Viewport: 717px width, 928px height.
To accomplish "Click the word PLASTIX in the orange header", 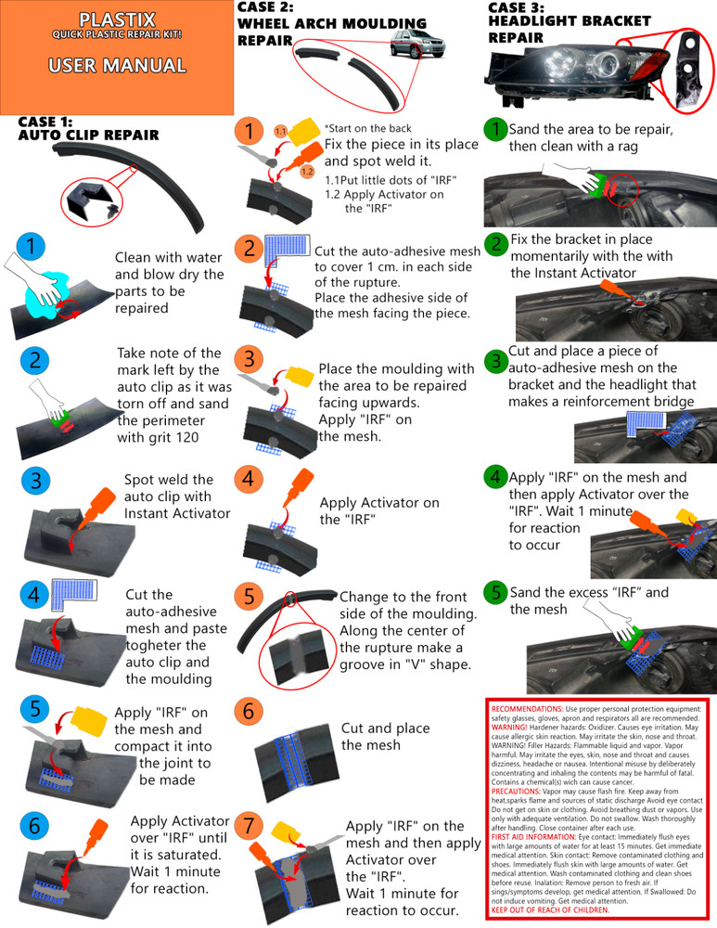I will (x=117, y=19).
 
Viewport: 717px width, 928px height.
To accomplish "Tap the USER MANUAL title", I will (x=117, y=66).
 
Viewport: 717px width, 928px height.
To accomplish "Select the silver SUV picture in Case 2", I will (x=416, y=46).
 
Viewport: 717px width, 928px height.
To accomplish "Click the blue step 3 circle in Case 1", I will (x=34, y=481).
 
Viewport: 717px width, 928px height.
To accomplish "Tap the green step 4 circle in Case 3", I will (x=495, y=477).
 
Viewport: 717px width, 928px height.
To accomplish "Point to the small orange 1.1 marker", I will (x=281, y=133).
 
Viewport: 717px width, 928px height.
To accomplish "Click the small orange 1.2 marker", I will (x=307, y=172).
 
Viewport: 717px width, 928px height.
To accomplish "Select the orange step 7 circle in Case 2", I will (x=249, y=825).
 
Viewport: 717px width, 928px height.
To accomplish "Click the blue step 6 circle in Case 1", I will (x=33, y=825).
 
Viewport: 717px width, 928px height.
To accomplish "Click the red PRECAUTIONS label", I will (x=522, y=792).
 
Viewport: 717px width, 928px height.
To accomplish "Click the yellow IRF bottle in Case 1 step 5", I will (x=86, y=719).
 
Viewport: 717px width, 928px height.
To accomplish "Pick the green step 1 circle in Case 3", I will (x=496, y=128).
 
